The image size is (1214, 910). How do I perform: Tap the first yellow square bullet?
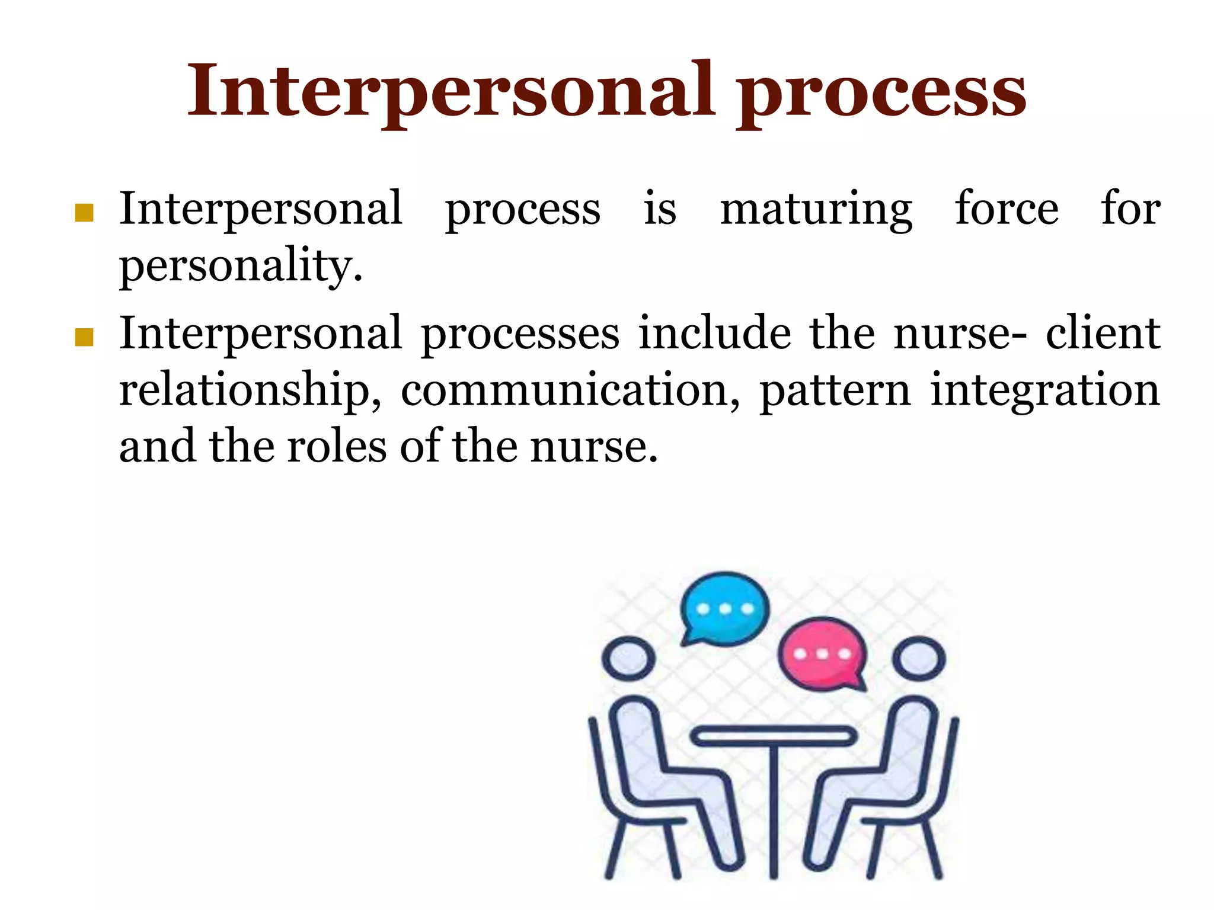click(85, 213)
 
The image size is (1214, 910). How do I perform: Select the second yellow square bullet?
click(85, 338)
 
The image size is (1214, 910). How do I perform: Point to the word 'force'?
click(1007, 209)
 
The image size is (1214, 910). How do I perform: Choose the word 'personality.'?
click(241, 267)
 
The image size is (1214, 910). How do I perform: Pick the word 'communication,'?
click(570, 391)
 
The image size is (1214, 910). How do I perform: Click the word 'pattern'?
click(835, 391)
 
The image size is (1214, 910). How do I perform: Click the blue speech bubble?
click(724, 608)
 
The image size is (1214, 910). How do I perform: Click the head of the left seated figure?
click(628, 659)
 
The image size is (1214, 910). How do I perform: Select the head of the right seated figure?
click(919, 659)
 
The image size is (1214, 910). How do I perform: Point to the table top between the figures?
click(774, 736)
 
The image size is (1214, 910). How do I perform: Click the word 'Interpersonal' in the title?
click(451, 92)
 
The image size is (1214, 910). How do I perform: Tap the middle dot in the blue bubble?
click(725, 609)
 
